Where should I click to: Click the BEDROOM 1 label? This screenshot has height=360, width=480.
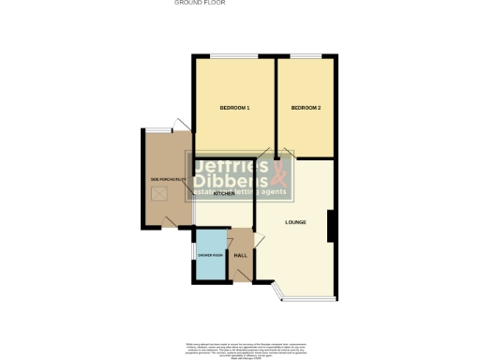click(234, 109)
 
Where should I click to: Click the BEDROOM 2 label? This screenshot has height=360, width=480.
click(306, 109)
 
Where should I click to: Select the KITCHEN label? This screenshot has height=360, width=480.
click(224, 193)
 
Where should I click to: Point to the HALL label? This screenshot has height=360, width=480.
click(240, 255)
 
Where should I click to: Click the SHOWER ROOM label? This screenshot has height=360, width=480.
click(209, 255)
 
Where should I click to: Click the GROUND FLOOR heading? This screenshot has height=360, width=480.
click(200, 3)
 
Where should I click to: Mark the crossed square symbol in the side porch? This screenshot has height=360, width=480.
click(160, 194)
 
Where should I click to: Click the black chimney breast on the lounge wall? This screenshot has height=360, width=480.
click(331, 225)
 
